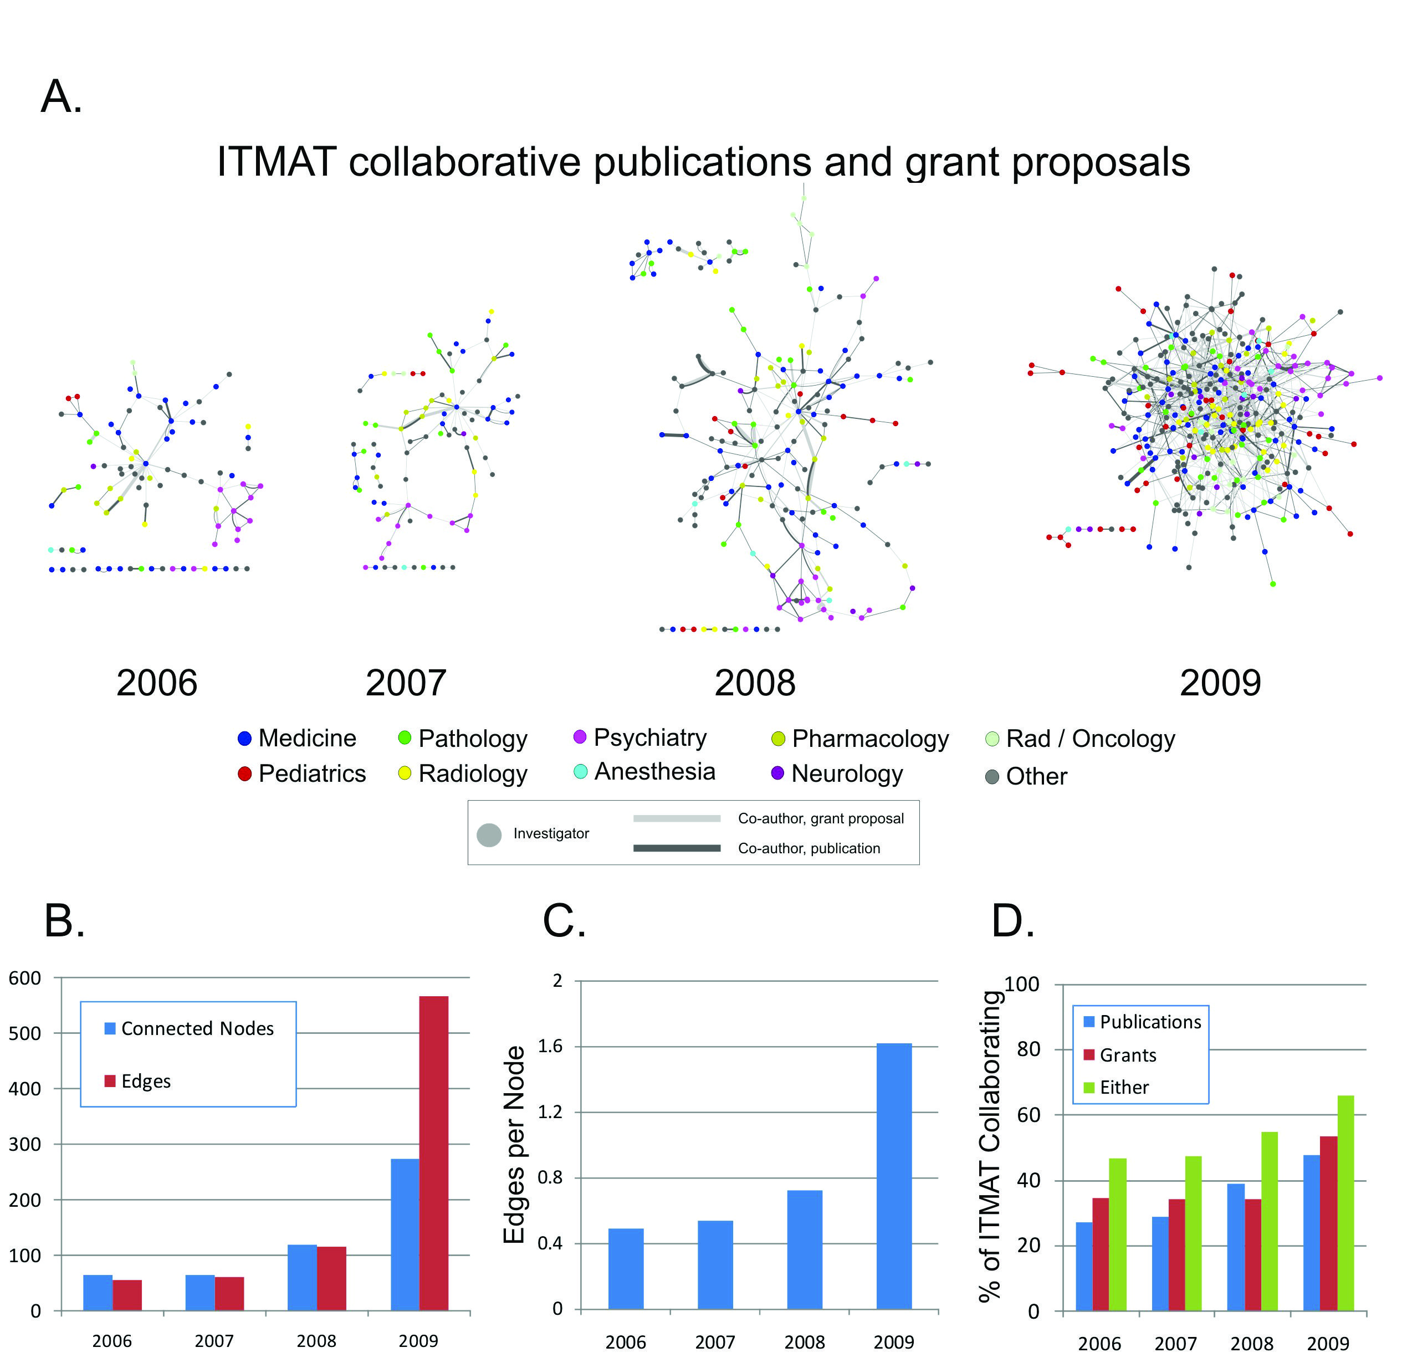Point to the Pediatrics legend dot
click(244, 774)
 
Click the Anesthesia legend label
click(654, 772)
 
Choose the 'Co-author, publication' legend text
click(809, 848)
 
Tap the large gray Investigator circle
click(489, 835)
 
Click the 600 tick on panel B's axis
click(24, 978)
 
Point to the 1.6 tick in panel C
click(552, 1047)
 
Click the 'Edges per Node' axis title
click(514, 1145)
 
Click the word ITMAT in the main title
click(277, 162)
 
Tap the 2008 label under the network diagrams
click(755, 683)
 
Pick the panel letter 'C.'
click(564, 921)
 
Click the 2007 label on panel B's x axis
click(214, 1341)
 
